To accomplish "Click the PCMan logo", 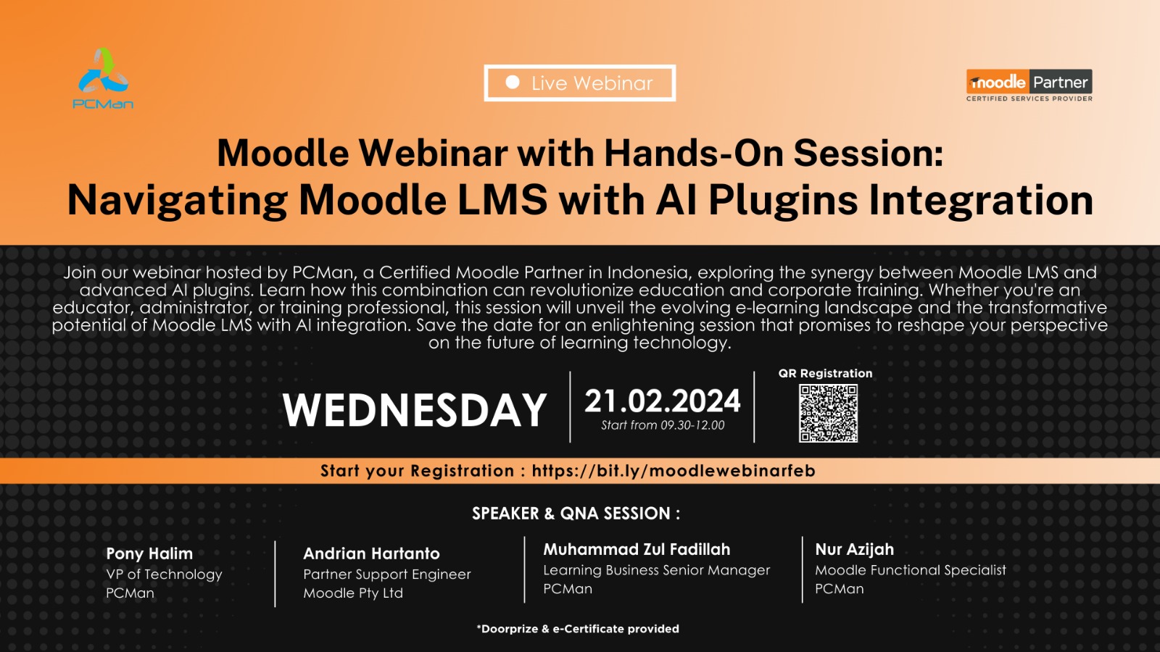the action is click(103, 78).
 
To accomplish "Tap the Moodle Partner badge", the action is click(1029, 85).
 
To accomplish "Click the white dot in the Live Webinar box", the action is click(512, 83).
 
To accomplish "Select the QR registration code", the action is click(828, 413).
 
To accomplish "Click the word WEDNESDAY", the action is click(414, 410).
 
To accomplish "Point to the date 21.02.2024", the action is click(663, 401).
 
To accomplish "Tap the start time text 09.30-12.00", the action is click(692, 425).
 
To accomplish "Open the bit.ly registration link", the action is click(674, 470).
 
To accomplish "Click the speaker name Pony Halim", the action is click(149, 553).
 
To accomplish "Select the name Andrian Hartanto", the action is click(371, 553).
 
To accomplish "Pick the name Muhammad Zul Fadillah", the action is click(637, 549).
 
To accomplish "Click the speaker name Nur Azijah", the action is click(855, 549).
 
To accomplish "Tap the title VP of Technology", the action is click(164, 574).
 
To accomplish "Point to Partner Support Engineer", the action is click(387, 574).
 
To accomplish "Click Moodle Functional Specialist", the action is click(911, 570).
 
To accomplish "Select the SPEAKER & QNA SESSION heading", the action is click(576, 514).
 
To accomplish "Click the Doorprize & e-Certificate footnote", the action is click(577, 629).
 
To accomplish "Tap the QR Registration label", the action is click(826, 373).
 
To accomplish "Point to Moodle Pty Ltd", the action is click(352, 593).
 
